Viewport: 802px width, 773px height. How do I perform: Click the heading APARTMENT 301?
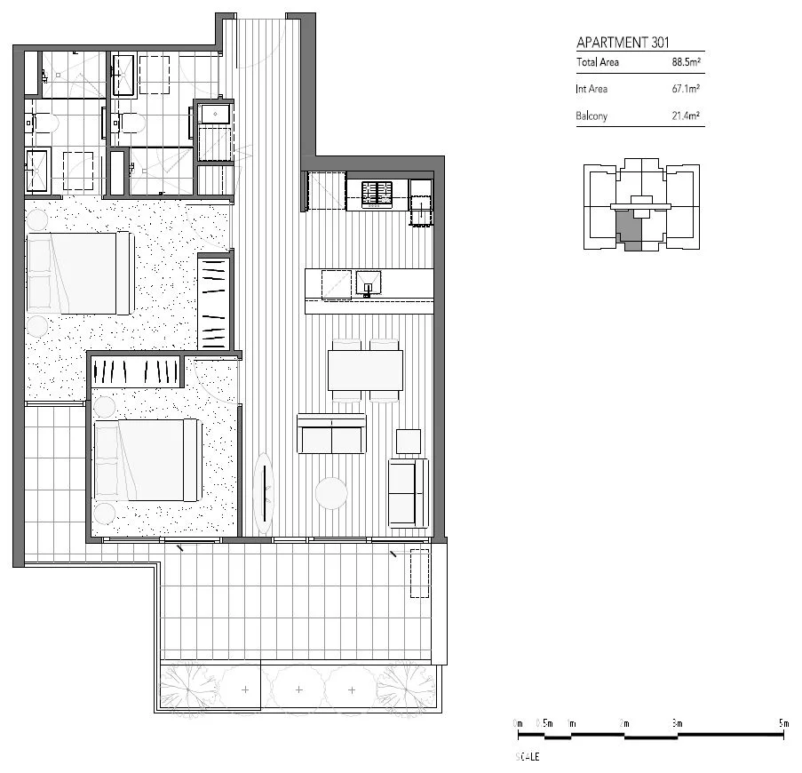pos(623,42)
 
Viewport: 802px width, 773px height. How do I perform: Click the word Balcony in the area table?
pos(592,116)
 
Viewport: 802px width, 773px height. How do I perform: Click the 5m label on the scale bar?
pos(783,724)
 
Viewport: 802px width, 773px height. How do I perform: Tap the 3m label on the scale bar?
pos(677,724)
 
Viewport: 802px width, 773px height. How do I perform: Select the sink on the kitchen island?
pos(369,283)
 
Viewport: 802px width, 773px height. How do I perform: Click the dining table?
pos(365,371)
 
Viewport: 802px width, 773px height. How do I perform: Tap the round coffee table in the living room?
pos(333,494)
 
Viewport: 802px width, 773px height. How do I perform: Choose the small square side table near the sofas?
pos(409,442)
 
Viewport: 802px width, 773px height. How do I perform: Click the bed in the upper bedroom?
pos(80,273)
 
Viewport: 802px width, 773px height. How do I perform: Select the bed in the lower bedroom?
pos(147,459)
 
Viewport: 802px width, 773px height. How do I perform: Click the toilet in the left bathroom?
pos(44,124)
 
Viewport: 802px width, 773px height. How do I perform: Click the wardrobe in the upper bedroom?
pos(213,302)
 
